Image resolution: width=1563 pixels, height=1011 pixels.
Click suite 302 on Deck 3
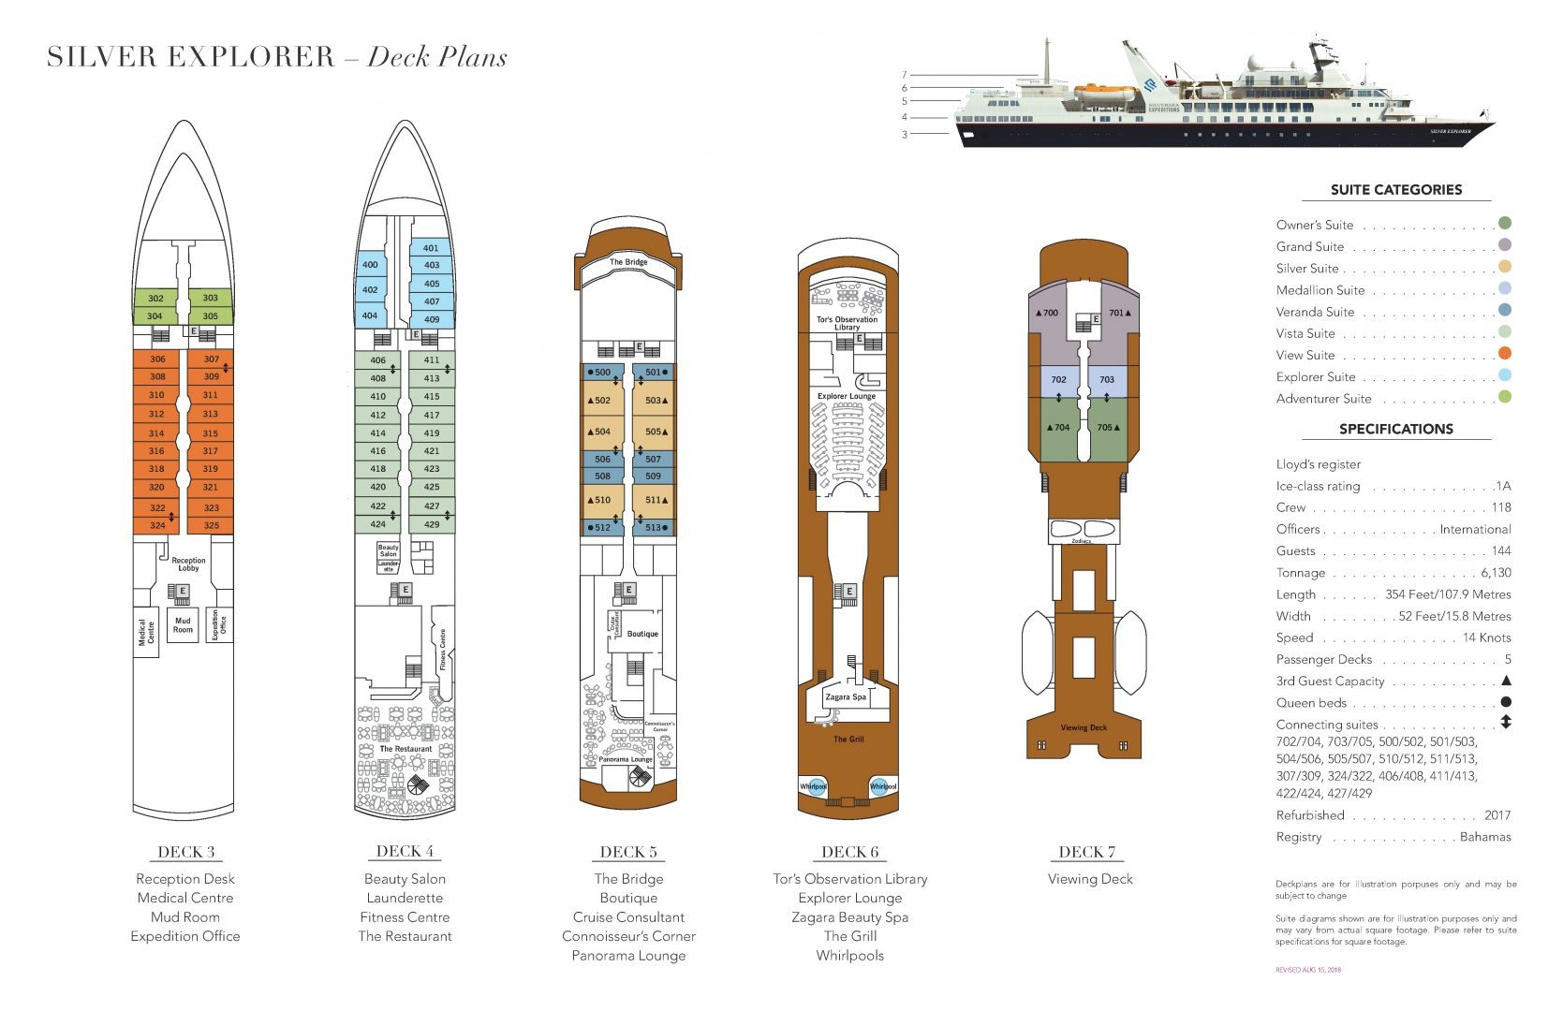[155, 299]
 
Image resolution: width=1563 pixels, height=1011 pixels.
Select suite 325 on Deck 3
[211, 525]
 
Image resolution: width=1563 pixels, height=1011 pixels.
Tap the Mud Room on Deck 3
[183, 624]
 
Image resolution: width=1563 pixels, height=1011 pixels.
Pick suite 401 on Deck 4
[431, 248]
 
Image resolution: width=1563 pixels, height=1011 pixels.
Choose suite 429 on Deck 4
[432, 524]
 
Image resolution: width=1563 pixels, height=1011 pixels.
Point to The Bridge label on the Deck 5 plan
[628, 262]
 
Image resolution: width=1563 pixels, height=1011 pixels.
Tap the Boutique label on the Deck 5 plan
[642, 634]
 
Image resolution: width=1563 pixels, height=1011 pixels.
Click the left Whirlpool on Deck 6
[813, 786]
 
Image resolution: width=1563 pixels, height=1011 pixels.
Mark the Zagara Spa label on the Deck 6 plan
[846, 697]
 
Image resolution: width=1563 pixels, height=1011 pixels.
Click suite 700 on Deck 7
[1050, 313]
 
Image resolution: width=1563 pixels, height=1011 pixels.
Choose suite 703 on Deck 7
[1107, 379]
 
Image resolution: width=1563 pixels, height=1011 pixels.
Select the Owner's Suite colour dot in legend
[1505, 223]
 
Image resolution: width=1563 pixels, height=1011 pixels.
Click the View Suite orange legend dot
[1505, 354]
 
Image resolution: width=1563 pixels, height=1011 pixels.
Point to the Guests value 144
[1500, 550]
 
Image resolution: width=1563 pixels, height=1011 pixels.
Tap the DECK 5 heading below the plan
[628, 852]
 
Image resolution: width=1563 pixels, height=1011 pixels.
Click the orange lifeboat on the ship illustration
[1104, 92]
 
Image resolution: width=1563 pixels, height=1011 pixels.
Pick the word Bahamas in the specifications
[1485, 837]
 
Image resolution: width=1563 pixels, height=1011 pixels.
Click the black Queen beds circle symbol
[1505, 702]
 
